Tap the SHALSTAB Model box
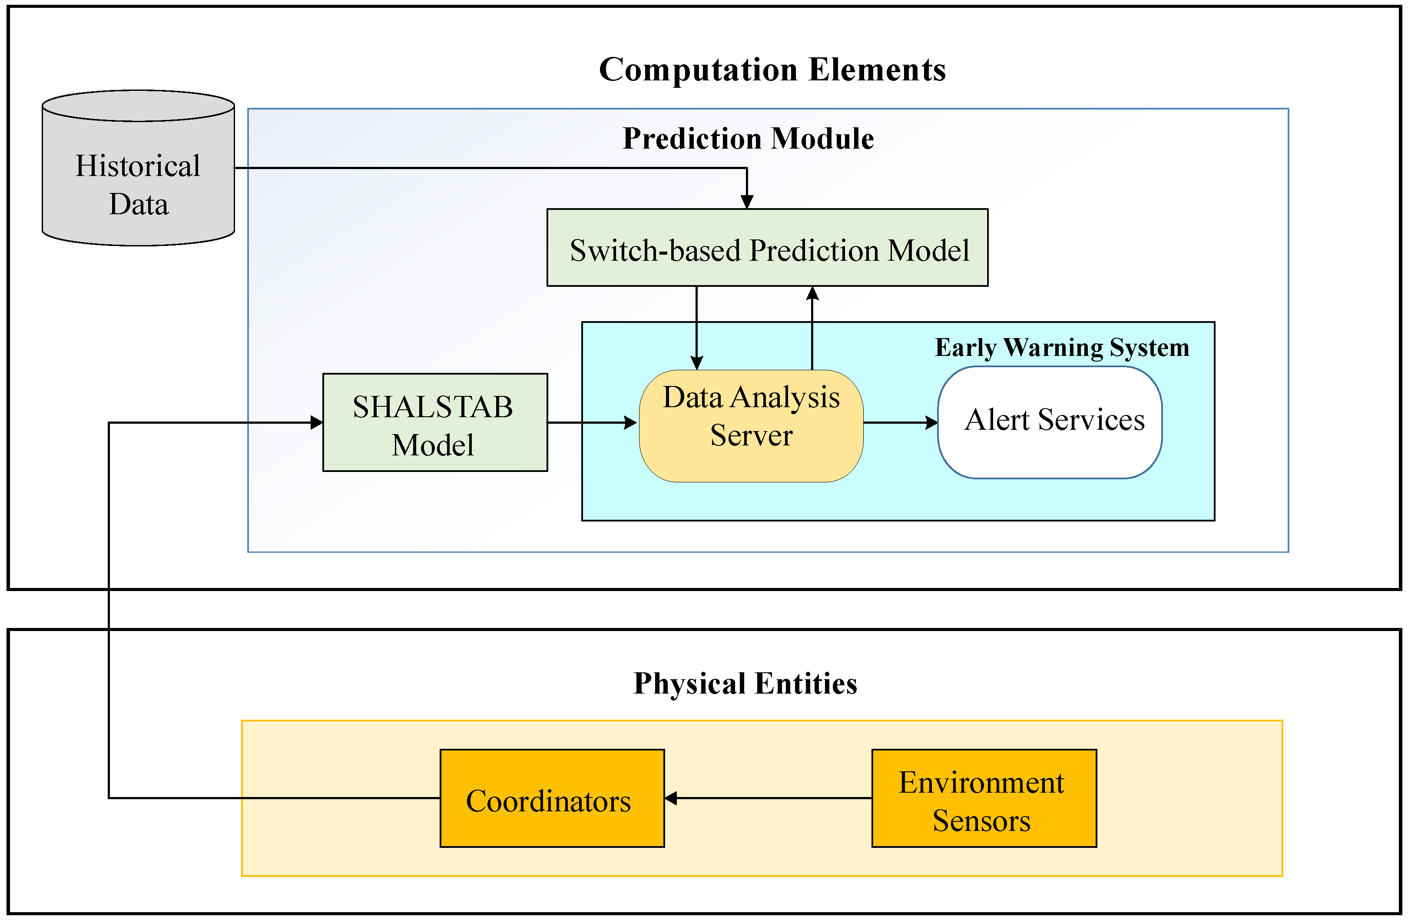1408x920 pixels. coord(435,422)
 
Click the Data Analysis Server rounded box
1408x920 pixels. coord(751,426)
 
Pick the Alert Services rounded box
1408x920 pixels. coord(1050,422)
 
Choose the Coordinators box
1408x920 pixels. coord(552,798)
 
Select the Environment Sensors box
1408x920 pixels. coord(984,798)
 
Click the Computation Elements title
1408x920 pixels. coord(772,70)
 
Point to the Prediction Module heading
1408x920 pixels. coord(749,139)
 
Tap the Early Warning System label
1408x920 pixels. coord(1062,347)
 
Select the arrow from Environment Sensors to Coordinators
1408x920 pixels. coord(769,798)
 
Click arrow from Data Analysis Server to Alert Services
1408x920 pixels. coord(899,422)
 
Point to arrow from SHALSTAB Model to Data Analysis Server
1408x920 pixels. coord(592,422)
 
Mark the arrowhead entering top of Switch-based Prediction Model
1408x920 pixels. coord(747,202)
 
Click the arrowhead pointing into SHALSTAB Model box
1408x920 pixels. coord(317,422)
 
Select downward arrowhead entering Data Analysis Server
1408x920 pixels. coord(697,362)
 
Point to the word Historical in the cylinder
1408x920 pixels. coord(137,166)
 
